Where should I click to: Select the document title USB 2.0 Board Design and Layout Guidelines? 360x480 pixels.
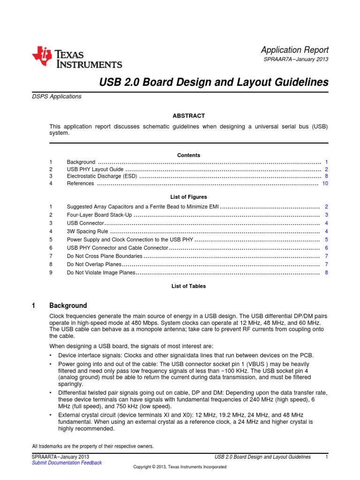pyautogui.click(x=214, y=82)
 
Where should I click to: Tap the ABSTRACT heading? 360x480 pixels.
pyautogui.click(x=189, y=116)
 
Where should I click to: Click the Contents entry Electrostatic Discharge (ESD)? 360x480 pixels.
pyautogui.click(x=102, y=176)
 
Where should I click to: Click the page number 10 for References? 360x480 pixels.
pyautogui.click(x=325, y=184)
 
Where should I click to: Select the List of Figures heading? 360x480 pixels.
pyautogui.click(x=189, y=197)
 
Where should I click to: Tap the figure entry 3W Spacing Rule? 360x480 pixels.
pyautogui.click(x=88, y=232)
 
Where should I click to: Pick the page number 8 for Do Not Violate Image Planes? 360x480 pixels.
pyautogui.click(x=326, y=272)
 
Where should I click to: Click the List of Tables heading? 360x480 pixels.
pyautogui.click(x=189, y=286)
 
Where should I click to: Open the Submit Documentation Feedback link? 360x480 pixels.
pyautogui.click(x=67, y=463)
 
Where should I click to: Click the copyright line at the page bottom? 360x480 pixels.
pyautogui.click(x=180, y=467)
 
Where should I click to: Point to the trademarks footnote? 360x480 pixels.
pyautogui.click(x=93, y=446)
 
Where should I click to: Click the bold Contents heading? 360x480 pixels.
pyautogui.click(x=189, y=155)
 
